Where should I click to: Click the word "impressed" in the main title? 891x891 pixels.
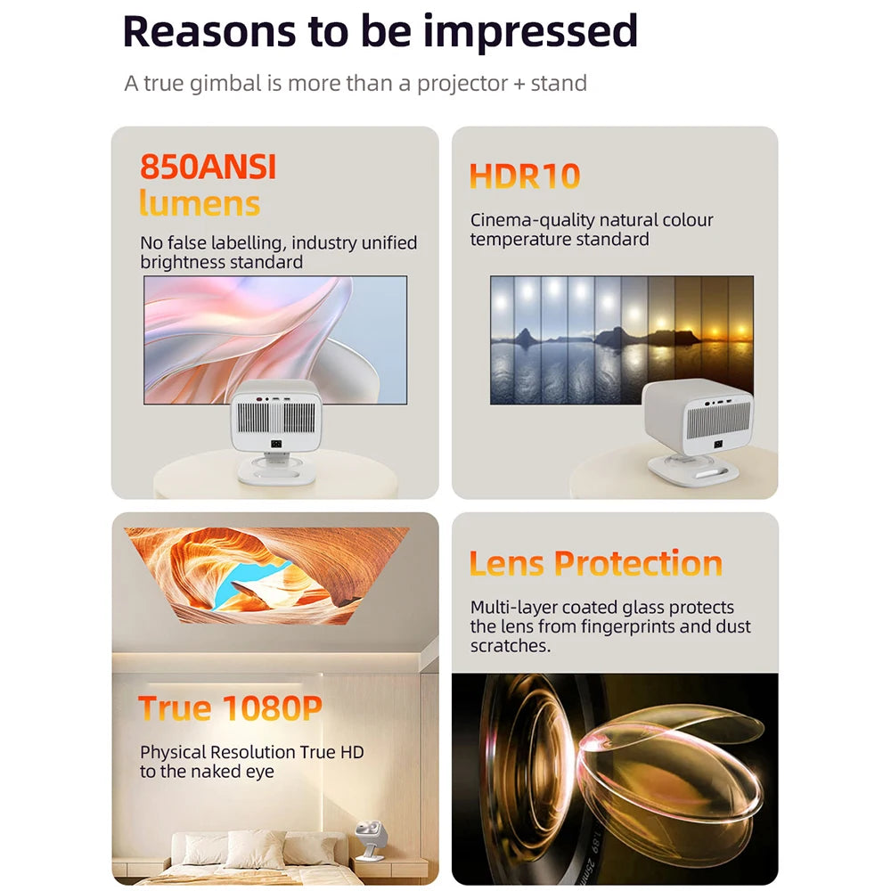tap(530, 31)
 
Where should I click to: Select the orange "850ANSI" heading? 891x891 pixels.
tap(208, 167)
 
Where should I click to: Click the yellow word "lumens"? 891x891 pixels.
tap(200, 204)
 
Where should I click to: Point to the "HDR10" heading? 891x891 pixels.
tap(525, 176)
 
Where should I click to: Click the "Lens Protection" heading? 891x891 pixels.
tap(595, 564)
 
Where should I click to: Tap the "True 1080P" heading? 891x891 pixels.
tap(230, 709)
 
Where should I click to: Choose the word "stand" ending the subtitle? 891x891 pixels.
tap(559, 84)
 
